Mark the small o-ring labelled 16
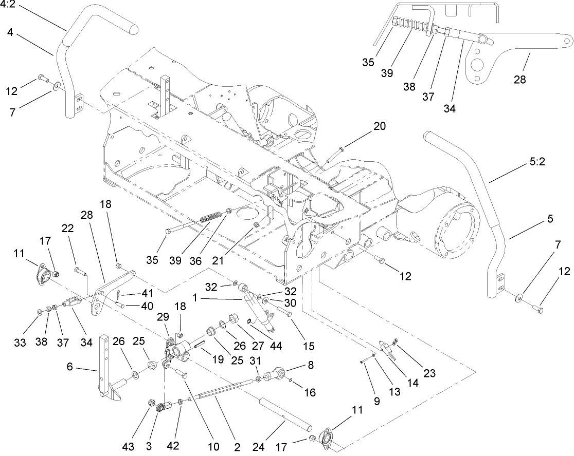tap(292, 381)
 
